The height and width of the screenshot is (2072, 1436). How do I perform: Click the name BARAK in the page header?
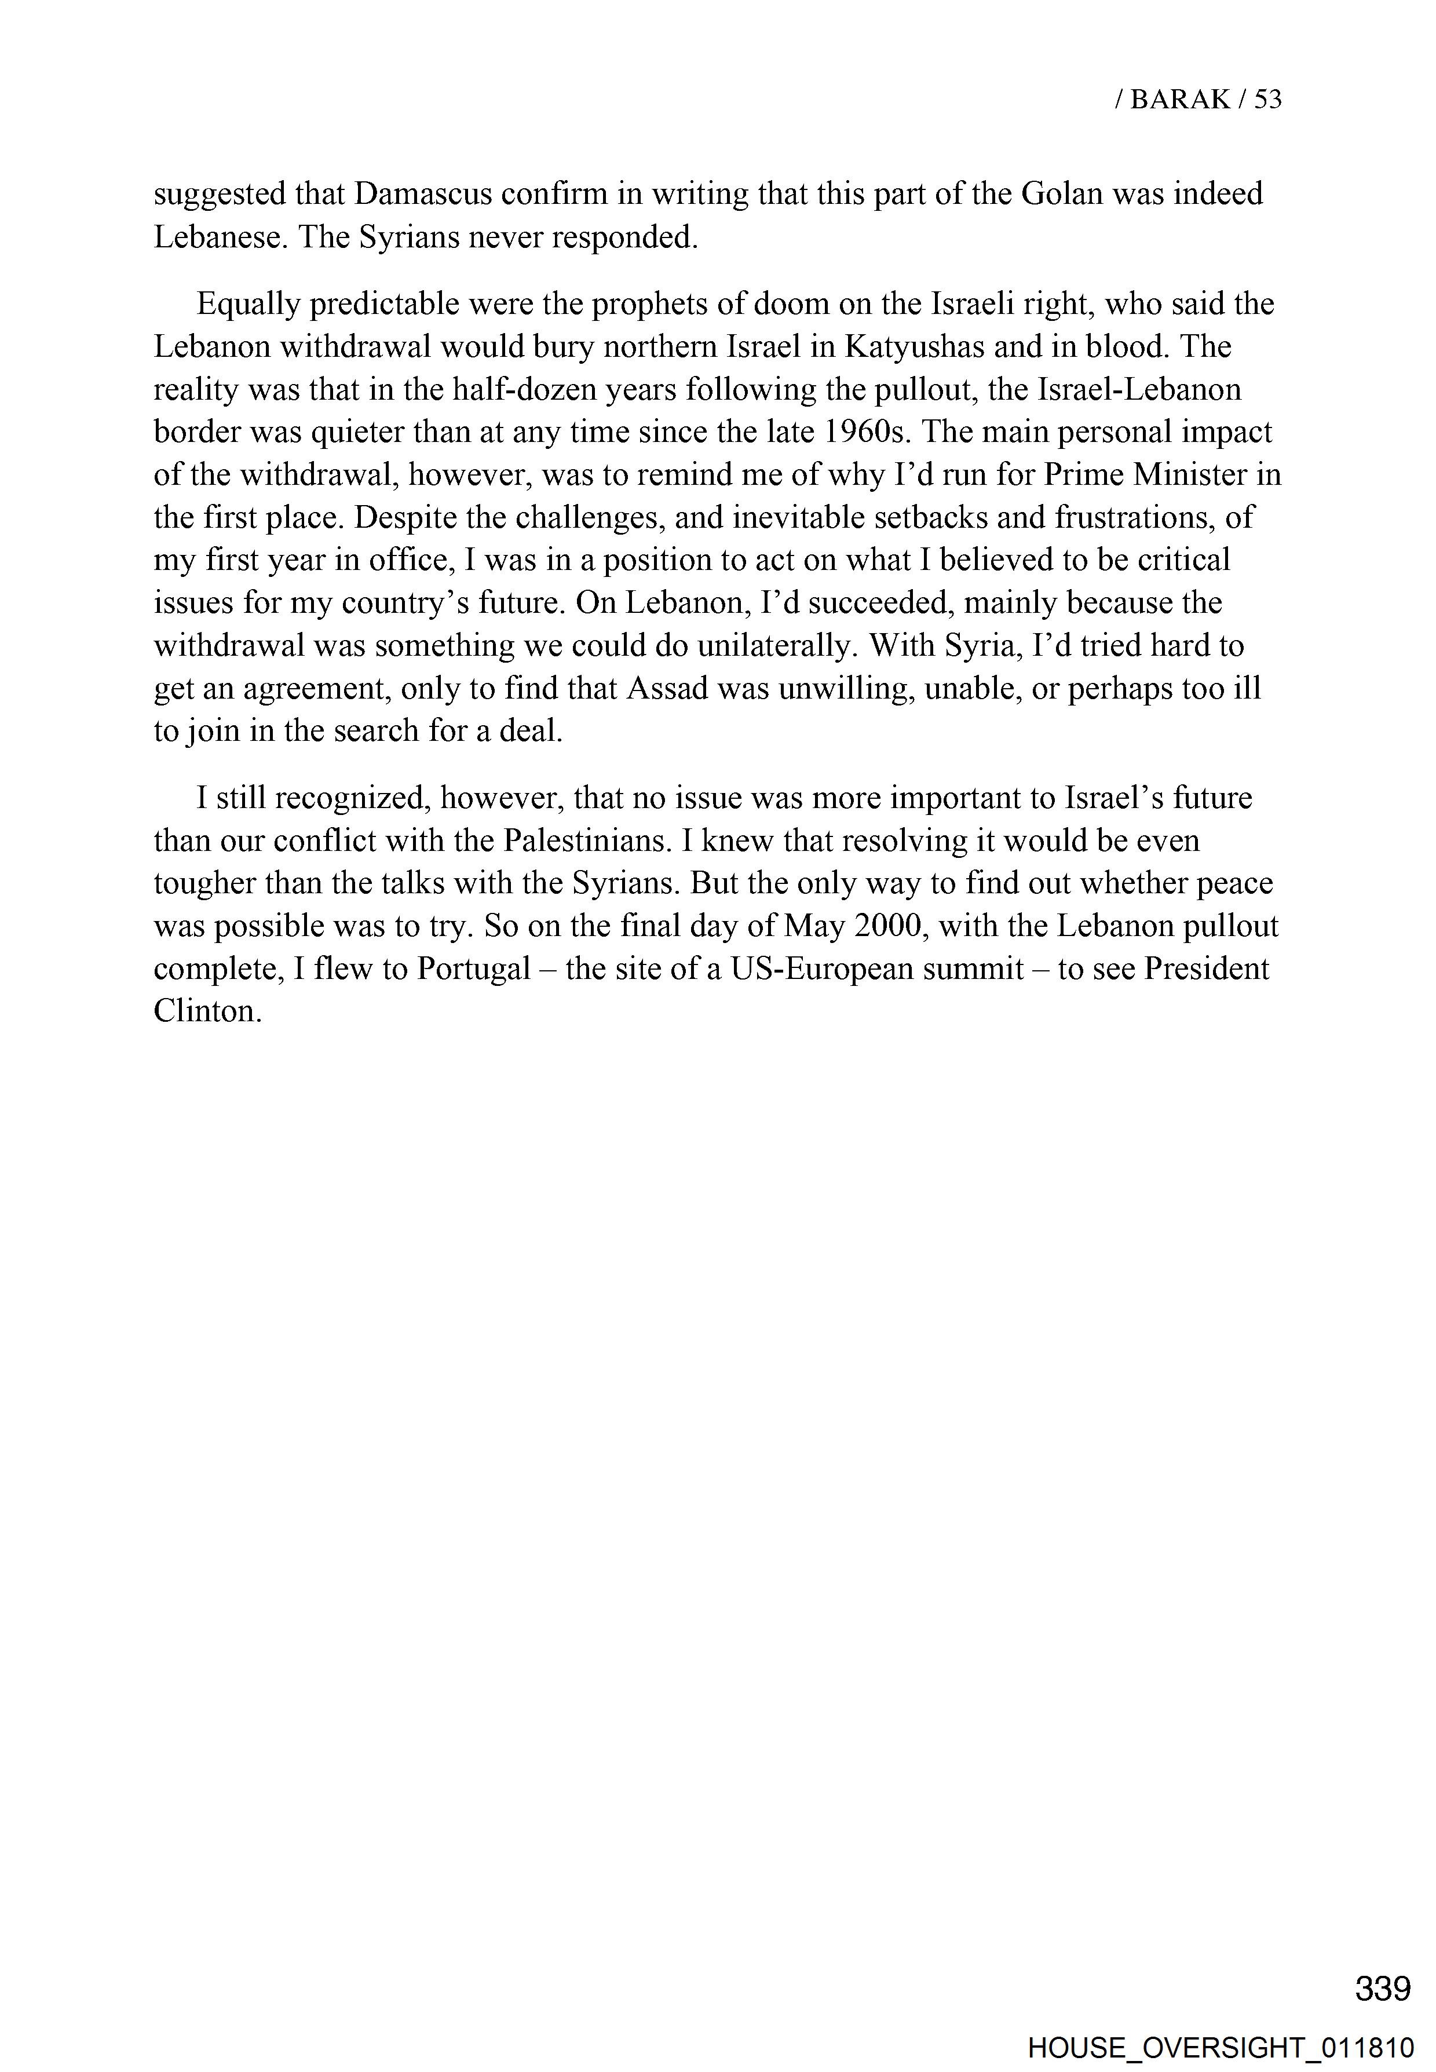1179,99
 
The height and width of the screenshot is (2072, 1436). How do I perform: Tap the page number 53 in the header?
1267,99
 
